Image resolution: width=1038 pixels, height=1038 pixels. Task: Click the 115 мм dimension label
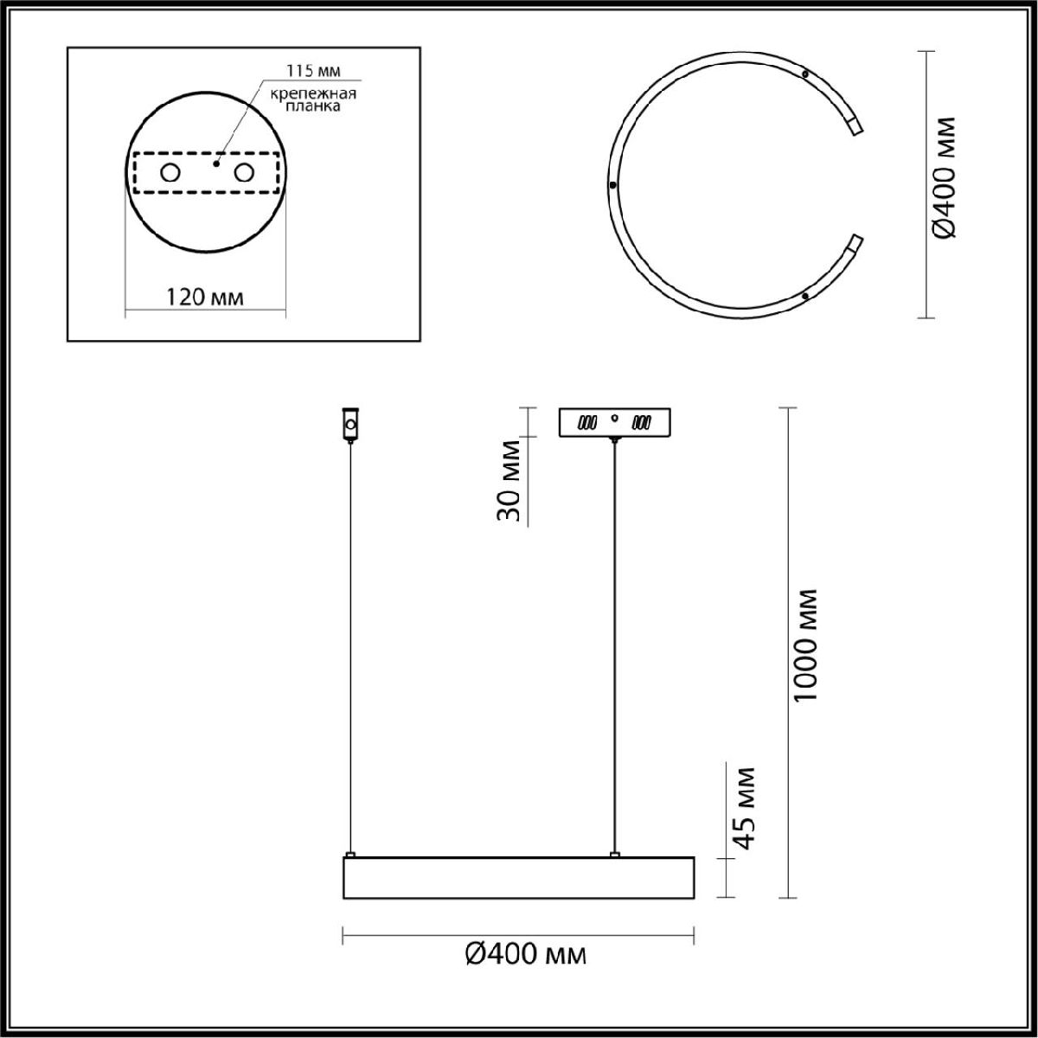pyautogui.click(x=313, y=71)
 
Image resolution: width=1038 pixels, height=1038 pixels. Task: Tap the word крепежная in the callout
pyautogui.click(x=313, y=94)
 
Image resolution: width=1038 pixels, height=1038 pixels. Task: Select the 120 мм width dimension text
pyautogui.click(x=204, y=298)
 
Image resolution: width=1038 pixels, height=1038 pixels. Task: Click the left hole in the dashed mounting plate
pyautogui.click(x=170, y=173)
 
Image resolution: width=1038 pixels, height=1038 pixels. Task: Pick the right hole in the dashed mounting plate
pyautogui.click(x=244, y=173)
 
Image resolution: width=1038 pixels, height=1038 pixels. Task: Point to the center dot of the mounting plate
pyautogui.click(x=216, y=163)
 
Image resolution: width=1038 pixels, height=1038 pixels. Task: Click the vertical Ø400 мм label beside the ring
pyautogui.click(x=945, y=185)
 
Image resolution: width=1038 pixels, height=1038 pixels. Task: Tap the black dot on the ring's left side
pyautogui.click(x=612, y=185)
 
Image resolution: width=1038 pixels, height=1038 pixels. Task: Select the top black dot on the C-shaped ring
pyautogui.click(x=804, y=74)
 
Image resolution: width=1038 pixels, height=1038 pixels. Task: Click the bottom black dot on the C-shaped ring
pyautogui.click(x=804, y=296)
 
